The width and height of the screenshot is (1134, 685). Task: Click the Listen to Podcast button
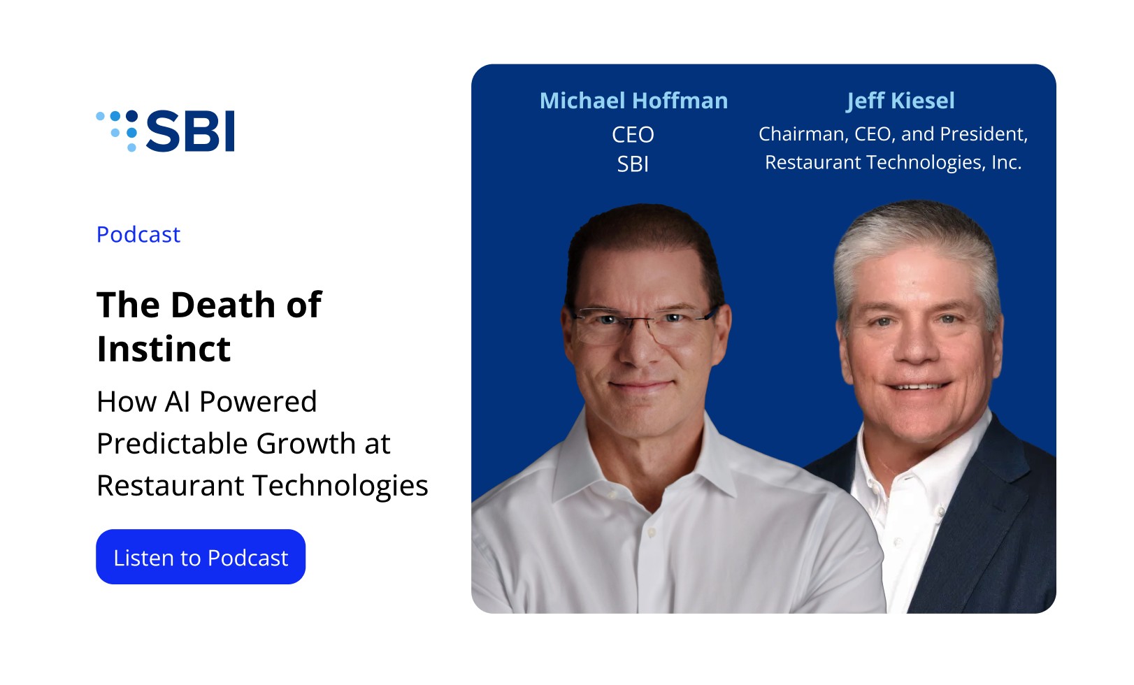pos(201,557)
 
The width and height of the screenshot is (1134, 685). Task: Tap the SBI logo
pos(165,131)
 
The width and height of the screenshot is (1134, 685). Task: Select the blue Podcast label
pos(138,234)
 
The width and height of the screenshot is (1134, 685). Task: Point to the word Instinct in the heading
pos(164,349)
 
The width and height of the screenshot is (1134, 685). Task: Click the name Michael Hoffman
pos(634,100)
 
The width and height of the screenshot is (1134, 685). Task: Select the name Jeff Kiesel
pos(900,101)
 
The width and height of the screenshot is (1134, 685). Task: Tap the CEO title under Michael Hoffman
pos(633,135)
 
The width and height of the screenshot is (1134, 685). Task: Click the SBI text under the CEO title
pos(633,164)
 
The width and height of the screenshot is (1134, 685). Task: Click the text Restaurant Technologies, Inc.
pos(893,163)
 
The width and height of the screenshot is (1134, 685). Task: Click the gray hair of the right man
pos(917,243)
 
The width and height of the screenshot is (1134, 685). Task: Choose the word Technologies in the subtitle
pos(340,486)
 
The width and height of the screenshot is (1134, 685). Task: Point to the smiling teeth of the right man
pos(918,387)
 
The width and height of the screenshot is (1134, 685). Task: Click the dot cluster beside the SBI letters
pos(117,131)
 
